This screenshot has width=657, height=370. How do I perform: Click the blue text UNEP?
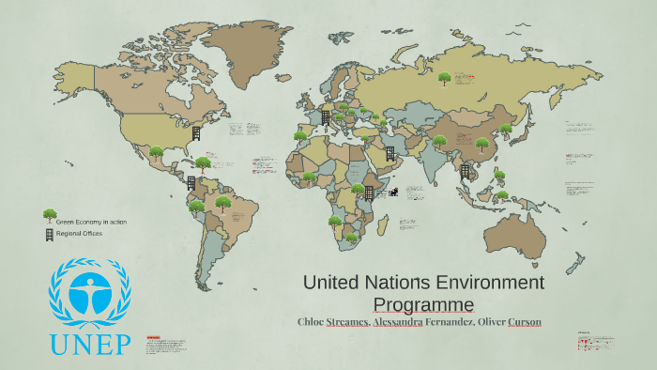pyautogui.click(x=90, y=345)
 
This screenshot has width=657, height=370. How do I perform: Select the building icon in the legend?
pyautogui.click(x=49, y=234)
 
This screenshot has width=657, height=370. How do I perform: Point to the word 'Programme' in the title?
pyautogui.click(x=423, y=303)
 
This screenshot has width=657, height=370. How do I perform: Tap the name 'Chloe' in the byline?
pyautogui.click(x=313, y=322)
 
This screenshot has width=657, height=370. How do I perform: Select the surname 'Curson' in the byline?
pyautogui.click(x=525, y=322)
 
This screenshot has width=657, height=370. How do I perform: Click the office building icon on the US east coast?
pyautogui.click(x=197, y=133)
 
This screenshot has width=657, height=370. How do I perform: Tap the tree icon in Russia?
pyautogui.click(x=445, y=79)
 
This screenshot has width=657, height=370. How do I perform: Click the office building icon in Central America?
pyautogui.click(x=191, y=182)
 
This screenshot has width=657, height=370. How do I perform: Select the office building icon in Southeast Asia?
pyautogui.click(x=465, y=170)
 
